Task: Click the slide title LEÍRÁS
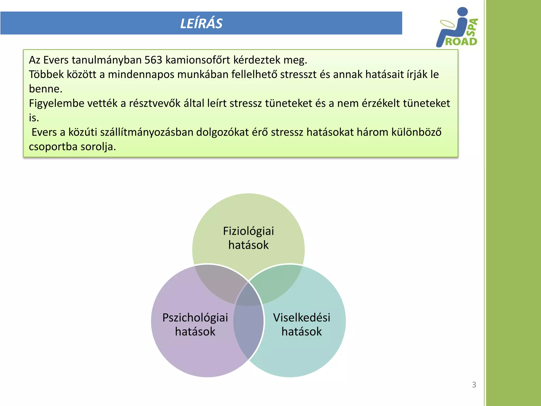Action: (201, 24)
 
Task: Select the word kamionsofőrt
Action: (198, 60)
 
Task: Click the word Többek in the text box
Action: (46, 75)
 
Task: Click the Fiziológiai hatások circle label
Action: (248, 238)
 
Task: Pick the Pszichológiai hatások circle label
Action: (195, 324)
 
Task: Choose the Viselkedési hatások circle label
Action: (301, 324)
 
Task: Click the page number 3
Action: (474, 385)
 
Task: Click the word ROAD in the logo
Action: (461, 41)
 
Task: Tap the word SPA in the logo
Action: (473, 27)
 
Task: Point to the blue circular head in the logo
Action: (462, 12)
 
